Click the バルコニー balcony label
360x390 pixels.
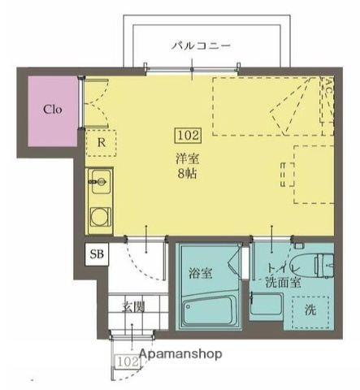pyautogui.click(x=201, y=45)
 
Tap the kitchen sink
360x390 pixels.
pyautogui.click(x=100, y=180)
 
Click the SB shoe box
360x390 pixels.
pyautogui.click(x=97, y=254)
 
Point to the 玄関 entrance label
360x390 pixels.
pyautogui.click(x=133, y=306)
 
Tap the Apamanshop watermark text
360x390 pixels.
pyautogui.click(x=180, y=354)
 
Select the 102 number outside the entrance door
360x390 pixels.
pyautogui.click(x=126, y=362)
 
